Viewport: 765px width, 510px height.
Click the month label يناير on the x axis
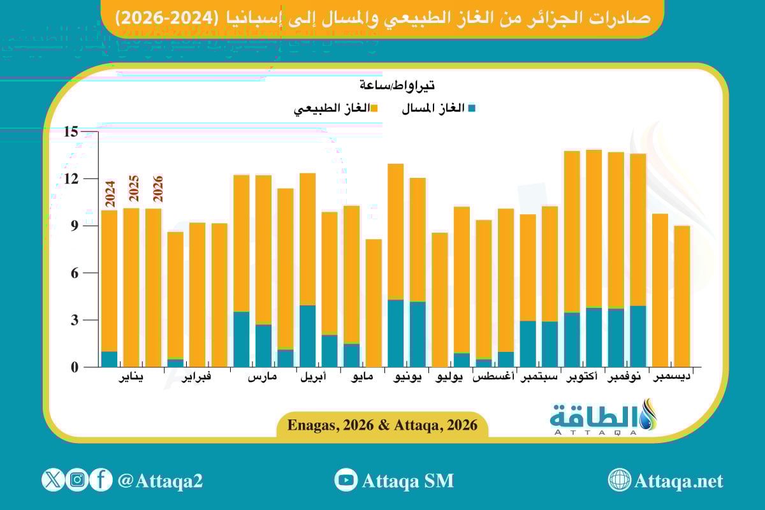[x=131, y=377]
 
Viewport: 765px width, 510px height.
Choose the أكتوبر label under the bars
[x=581, y=377]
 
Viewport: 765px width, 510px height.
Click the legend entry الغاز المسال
[x=439, y=108]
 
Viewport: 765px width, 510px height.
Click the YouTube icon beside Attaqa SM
[x=346, y=480]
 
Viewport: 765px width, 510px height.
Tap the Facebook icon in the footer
[x=101, y=480]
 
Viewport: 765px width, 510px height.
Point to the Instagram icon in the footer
[x=77, y=480]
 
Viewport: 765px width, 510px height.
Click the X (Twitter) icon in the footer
[x=53, y=480]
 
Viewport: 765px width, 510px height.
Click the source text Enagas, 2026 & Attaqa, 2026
[x=382, y=425]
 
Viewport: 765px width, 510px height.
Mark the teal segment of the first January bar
[x=109, y=359]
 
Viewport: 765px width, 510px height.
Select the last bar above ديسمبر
[x=682, y=296]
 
